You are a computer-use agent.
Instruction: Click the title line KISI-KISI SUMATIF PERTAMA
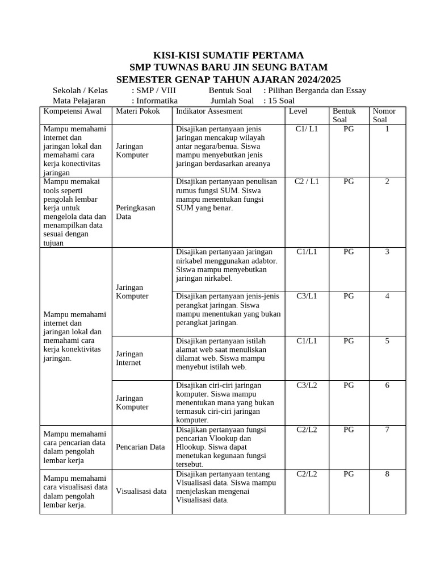point(229,55)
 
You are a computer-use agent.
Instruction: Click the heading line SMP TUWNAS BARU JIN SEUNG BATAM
point(229,67)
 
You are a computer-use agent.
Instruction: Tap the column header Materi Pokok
point(138,111)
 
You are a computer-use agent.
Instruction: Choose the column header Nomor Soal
point(384,115)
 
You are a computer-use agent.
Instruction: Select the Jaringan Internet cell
point(129,358)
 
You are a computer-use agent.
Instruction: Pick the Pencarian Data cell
point(140,447)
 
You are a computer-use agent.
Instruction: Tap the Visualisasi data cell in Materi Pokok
point(141,491)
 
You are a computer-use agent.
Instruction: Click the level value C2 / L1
point(307,182)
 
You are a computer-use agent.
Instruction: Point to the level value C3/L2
point(307,385)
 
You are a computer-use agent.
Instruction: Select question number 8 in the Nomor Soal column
point(387,474)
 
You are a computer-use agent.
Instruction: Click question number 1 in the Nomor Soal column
point(387,129)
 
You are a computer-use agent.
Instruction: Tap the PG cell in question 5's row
point(349,341)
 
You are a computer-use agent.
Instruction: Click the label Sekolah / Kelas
point(80,90)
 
